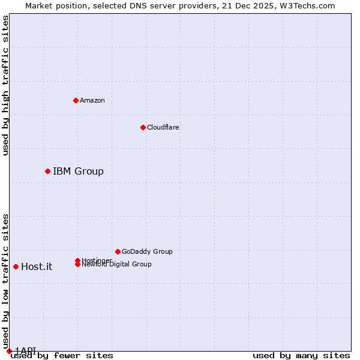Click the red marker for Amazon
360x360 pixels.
(76, 100)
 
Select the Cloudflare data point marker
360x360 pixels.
(143, 127)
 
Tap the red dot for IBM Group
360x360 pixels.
(47, 172)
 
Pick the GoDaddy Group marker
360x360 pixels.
(118, 251)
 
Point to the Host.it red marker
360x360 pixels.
(16, 266)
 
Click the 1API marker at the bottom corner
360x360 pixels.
(9, 351)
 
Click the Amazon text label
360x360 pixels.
(92, 100)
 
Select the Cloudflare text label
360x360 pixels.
(163, 127)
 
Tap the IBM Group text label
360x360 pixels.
(78, 172)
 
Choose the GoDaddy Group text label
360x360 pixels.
(147, 251)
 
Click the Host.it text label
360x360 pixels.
(37, 267)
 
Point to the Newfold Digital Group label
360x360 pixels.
(116, 264)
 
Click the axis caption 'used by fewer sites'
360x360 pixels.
(62, 355)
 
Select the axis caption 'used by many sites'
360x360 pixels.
(301, 355)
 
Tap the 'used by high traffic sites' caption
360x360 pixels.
(5, 85)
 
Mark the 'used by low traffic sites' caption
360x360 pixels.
(5, 281)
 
